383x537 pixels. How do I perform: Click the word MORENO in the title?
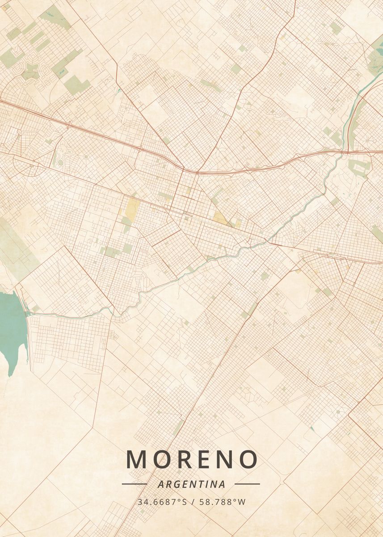click(x=192, y=459)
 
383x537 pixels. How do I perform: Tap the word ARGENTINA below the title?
click(x=191, y=484)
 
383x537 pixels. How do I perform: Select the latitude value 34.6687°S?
click(x=162, y=502)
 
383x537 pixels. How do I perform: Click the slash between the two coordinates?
click(x=193, y=502)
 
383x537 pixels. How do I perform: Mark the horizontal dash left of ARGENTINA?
click(x=134, y=484)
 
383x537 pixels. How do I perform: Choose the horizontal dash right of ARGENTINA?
click(x=247, y=484)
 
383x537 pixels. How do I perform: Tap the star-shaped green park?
click(x=30, y=71)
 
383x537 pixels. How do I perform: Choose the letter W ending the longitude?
click(x=242, y=502)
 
